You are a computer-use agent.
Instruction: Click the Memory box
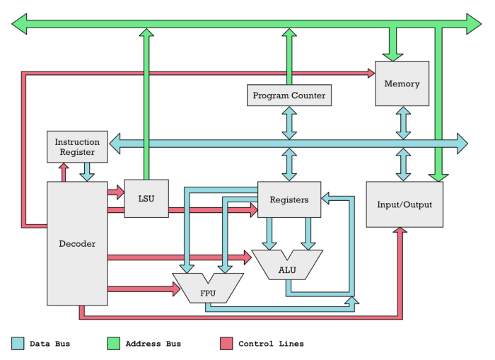click(402, 83)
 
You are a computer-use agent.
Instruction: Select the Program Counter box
click(289, 95)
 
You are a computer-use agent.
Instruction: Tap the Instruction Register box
click(77, 146)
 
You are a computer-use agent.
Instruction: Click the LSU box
click(146, 199)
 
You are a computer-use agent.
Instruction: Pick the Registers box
click(289, 199)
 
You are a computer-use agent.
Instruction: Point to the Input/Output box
click(404, 204)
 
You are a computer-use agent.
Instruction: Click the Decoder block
click(77, 244)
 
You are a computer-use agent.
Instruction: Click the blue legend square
click(18, 344)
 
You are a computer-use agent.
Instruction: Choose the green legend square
click(113, 344)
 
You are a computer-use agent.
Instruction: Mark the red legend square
click(226, 344)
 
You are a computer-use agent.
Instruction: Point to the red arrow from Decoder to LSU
click(115, 192)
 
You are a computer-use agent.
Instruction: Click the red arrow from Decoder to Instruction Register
click(64, 172)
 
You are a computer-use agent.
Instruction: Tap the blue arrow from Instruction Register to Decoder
click(88, 172)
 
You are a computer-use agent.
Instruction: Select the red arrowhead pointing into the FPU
click(175, 289)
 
